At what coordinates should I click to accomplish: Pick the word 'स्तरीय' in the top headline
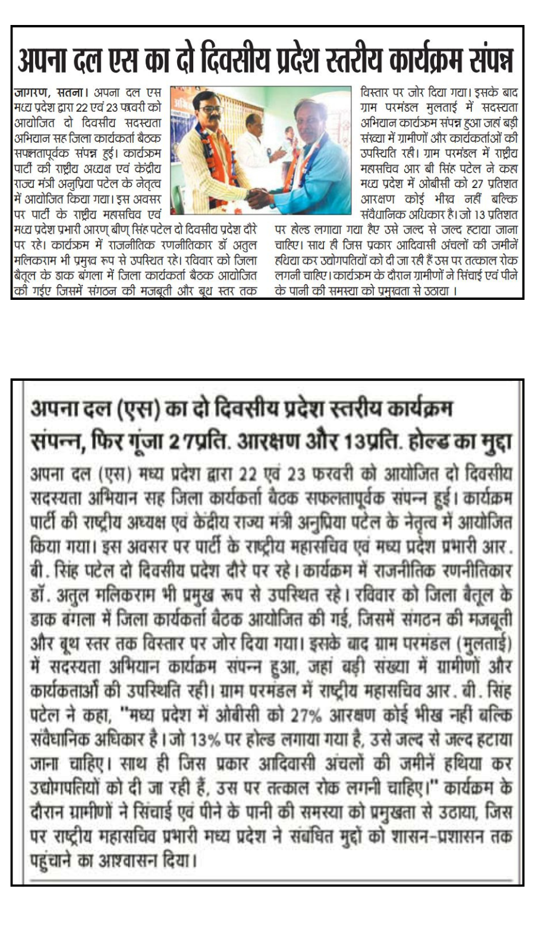click(351, 61)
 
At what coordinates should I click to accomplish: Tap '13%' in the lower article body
click(202, 739)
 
